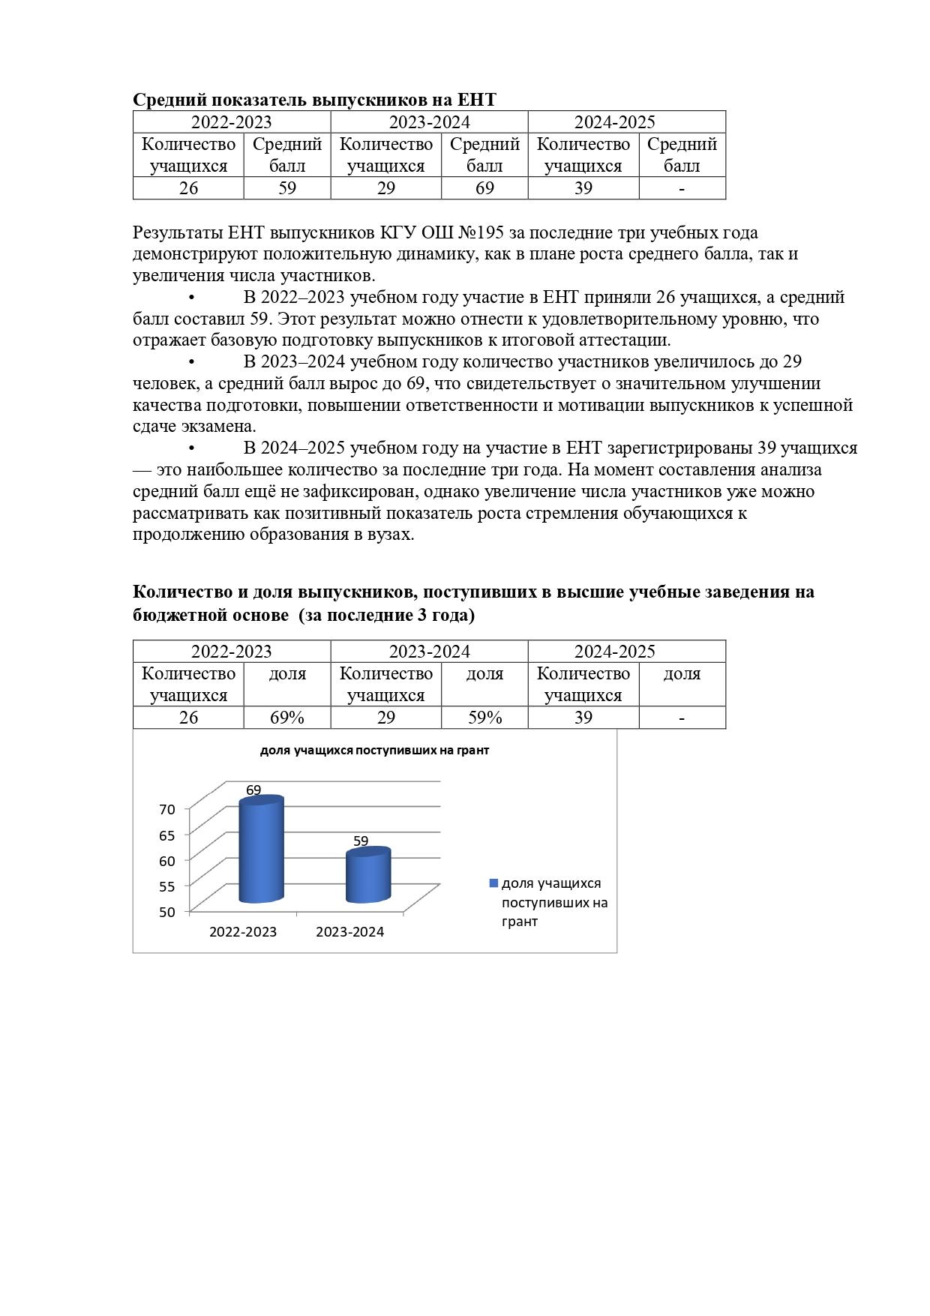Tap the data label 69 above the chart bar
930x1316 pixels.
(253, 790)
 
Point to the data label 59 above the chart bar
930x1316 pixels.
(361, 841)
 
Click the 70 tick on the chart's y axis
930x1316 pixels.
(167, 809)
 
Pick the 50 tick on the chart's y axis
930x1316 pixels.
(167, 912)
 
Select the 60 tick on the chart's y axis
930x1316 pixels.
(167, 860)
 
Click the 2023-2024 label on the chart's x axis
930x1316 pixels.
(349, 932)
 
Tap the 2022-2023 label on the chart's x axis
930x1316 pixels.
(242, 932)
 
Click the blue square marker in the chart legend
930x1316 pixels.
(493, 883)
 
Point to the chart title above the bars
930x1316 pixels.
(374, 750)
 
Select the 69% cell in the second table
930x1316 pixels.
(287, 718)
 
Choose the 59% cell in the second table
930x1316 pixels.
(484, 718)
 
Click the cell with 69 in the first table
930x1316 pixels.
(484, 188)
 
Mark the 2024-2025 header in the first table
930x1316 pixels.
(615, 122)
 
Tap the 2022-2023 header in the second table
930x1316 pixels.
(231, 652)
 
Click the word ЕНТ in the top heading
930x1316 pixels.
(477, 100)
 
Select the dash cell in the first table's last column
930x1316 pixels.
(682, 188)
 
